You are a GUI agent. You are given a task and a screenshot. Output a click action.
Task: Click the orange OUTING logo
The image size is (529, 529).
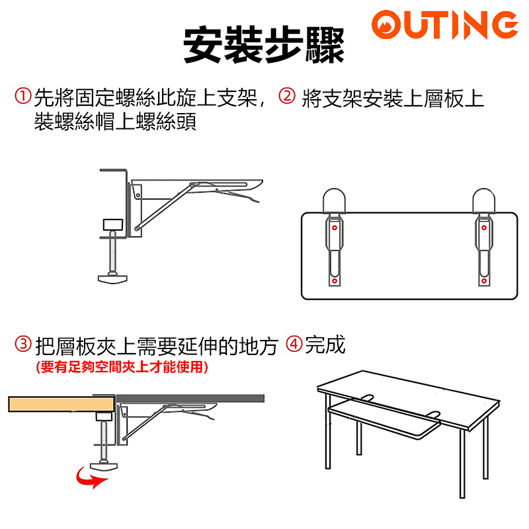(x=444, y=24)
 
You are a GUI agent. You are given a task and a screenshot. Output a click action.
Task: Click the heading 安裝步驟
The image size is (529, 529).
(x=264, y=44)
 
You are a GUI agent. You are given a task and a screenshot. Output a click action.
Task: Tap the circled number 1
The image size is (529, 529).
(x=23, y=96)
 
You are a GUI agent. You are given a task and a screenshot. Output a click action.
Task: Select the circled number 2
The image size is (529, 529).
(x=287, y=96)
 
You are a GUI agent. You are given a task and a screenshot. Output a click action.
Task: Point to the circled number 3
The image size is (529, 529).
(x=23, y=344)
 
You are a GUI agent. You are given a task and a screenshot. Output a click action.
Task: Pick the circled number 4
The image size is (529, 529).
(x=294, y=344)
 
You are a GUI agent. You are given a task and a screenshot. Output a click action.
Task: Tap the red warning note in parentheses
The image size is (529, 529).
(x=122, y=367)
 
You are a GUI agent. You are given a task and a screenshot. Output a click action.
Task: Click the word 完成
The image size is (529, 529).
(x=325, y=345)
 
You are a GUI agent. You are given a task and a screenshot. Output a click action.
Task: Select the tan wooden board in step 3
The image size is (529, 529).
(x=61, y=404)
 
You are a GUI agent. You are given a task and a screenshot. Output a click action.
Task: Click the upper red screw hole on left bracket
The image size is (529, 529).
(x=335, y=227)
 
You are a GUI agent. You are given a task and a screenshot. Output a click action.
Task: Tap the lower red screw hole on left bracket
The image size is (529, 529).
(x=335, y=280)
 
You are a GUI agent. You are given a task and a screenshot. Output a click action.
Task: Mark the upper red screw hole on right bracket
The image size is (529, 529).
(x=484, y=227)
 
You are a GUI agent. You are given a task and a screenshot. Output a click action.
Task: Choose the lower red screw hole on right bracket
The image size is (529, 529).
(x=484, y=280)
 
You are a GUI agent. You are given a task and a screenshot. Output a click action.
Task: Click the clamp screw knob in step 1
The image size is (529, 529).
(x=112, y=278)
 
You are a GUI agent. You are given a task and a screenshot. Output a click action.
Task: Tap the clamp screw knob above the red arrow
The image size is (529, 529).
(x=104, y=466)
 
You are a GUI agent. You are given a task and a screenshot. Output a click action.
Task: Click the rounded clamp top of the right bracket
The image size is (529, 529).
(x=484, y=200)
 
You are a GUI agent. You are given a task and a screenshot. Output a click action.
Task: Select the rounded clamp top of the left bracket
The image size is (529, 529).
(x=334, y=200)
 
